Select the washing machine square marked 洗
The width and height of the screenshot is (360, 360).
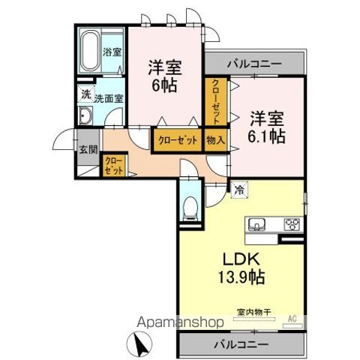85,94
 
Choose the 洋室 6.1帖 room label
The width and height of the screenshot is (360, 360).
265,127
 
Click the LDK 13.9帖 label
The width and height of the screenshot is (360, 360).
241,266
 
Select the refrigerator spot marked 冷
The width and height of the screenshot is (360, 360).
238,191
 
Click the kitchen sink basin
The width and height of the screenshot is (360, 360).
256,223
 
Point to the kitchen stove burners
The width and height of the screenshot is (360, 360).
292,223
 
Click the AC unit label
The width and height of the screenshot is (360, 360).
293,319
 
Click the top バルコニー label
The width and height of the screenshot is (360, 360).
255,63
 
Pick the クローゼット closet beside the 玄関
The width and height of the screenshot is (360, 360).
114,164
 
